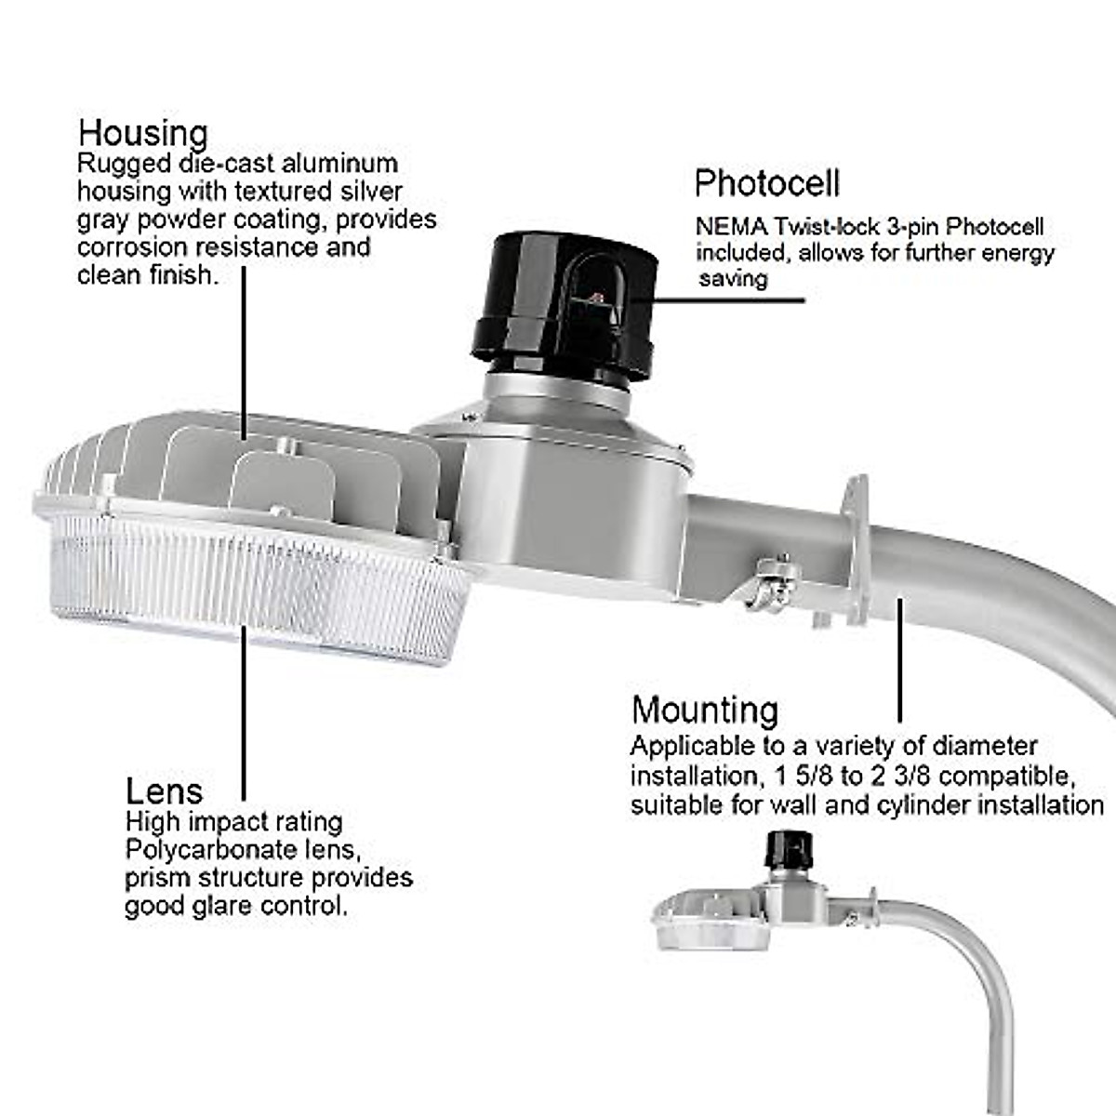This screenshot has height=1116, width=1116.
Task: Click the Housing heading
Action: click(142, 134)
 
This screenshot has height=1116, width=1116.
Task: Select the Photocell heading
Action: click(767, 183)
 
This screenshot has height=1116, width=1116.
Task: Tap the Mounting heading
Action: click(705, 711)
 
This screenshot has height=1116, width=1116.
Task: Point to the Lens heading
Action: click(164, 791)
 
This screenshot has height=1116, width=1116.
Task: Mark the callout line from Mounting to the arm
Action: click(900, 660)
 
